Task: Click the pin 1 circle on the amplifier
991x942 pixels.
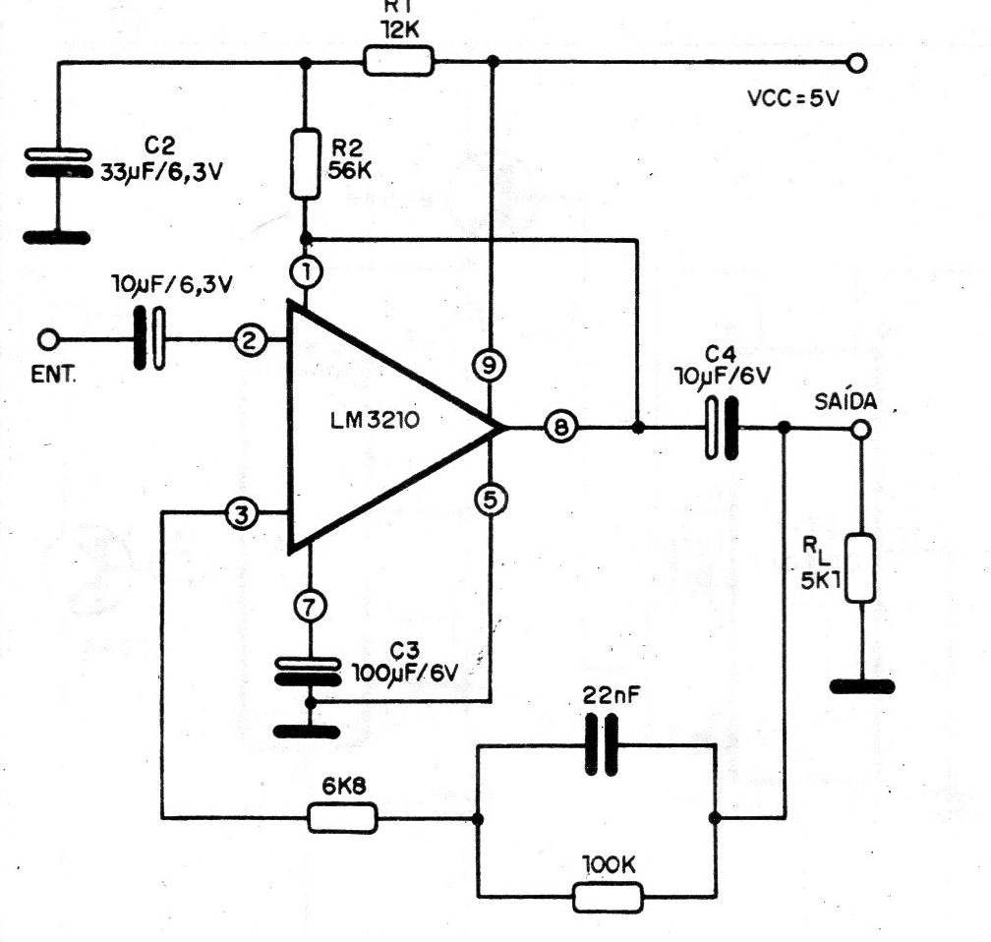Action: click(x=308, y=271)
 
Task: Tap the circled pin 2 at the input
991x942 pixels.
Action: click(x=250, y=340)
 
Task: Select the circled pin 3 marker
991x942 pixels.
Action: click(x=242, y=512)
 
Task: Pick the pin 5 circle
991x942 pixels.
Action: click(x=490, y=500)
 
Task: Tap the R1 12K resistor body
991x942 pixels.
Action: click(x=398, y=62)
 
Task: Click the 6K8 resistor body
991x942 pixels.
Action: click(x=342, y=817)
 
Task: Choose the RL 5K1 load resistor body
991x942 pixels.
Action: click(x=860, y=567)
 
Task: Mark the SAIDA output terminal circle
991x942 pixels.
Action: click(x=860, y=429)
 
